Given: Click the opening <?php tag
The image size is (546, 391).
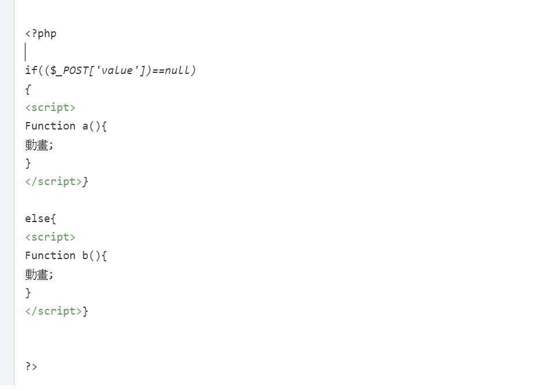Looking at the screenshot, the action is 40,34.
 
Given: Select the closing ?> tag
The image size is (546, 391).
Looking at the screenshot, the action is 31,366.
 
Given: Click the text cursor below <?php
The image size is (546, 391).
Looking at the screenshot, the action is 25,52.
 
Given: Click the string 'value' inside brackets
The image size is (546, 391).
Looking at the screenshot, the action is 115,71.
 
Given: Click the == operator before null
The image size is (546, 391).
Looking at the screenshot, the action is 158,71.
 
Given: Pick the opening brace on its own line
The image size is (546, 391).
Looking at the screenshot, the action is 28,89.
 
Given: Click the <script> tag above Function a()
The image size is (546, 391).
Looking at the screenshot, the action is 50,108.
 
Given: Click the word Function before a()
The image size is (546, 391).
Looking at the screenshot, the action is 50,126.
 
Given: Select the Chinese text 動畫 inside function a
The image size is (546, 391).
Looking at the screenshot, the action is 37,145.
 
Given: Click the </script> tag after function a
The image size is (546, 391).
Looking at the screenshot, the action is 53,182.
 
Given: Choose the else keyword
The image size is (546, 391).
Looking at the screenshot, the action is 38,219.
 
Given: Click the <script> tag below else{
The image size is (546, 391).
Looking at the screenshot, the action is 50,237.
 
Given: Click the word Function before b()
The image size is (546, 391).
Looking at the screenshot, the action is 50,256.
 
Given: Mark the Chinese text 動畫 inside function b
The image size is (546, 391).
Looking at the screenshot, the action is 37,274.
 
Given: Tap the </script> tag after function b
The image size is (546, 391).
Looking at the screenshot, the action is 53,311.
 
